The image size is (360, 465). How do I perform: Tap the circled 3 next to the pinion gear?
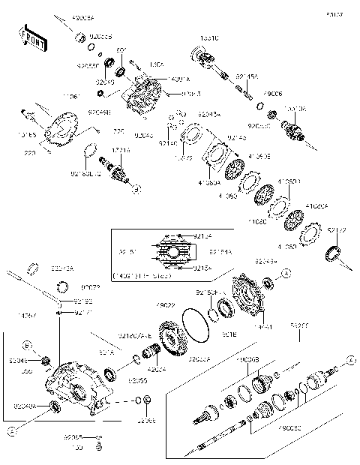coord(136,190)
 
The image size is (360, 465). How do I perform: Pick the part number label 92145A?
coord(247,76)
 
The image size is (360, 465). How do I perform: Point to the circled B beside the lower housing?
coord(26,346)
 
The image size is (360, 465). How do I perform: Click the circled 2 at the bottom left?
coord(12,431)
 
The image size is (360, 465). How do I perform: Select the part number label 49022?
coord(165,305)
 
